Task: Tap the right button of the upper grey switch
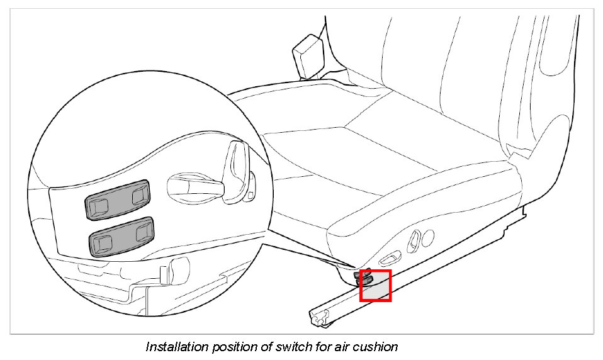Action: coord(139,196)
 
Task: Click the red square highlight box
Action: coord(375,285)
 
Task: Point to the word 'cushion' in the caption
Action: coord(376,347)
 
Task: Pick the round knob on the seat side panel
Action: coord(428,237)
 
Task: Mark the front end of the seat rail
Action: coord(318,317)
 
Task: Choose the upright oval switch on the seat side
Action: coord(415,240)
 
